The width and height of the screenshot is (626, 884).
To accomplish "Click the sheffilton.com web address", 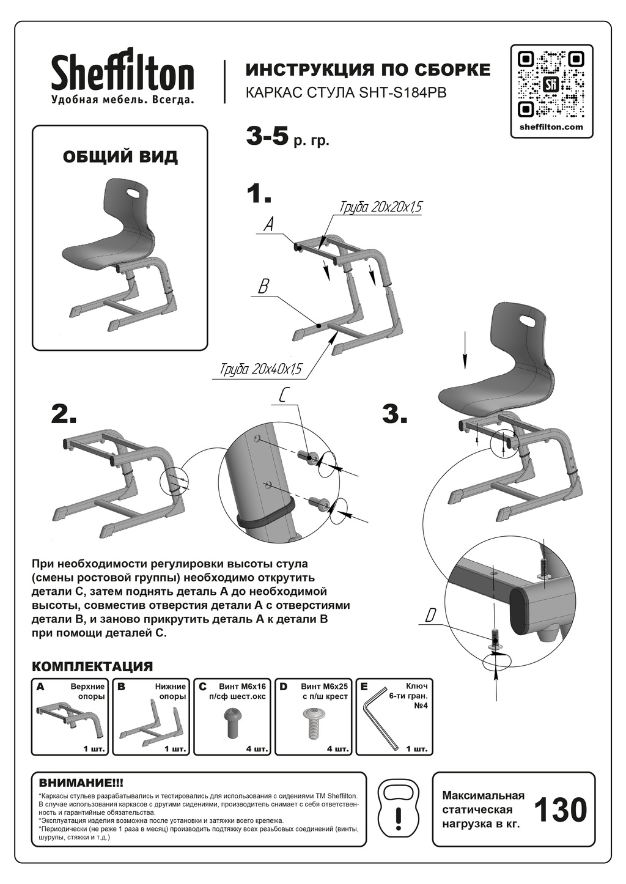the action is (551, 127).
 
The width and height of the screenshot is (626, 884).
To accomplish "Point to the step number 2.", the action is (64, 414).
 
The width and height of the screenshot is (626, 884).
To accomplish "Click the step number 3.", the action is (395, 414).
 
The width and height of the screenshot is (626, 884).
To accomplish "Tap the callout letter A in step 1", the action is (268, 225).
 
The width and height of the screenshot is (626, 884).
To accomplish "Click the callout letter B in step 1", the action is (263, 287).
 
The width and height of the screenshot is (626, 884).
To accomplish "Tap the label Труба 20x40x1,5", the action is (261, 370).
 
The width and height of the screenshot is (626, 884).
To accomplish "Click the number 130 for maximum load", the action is (561, 810).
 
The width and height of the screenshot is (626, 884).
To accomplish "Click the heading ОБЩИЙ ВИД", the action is (120, 157).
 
